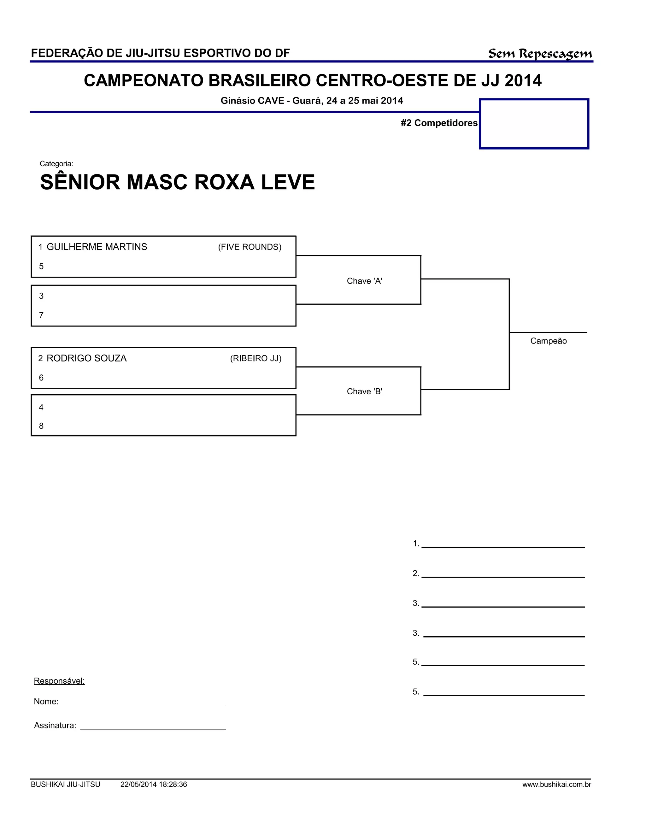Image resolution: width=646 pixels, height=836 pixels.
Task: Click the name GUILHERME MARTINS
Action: pyautogui.click(x=97, y=247)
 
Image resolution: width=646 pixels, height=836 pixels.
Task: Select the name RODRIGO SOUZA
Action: pyautogui.click(x=86, y=358)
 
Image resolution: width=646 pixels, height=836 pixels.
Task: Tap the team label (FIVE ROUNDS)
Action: pyautogui.click(x=250, y=247)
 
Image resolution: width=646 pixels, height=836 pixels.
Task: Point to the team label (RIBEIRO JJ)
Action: pyautogui.click(x=255, y=358)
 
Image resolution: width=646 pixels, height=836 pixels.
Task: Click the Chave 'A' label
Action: pyautogui.click(x=364, y=281)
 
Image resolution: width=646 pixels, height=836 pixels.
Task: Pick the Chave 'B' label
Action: pyautogui.click(x=364, y=391)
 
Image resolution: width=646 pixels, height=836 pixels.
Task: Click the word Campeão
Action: pyautogui.click(x=548, y=341)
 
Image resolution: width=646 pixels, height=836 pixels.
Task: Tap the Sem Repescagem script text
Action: pyautogui.click(x=540, y=54)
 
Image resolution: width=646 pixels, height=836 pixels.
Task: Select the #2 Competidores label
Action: pyautogui.click(x=439, y=123)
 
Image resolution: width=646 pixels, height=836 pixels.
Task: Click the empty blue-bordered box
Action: pyautogui.click(x=534, y=124)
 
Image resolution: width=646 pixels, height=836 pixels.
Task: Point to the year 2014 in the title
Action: pyautogui.click(x=523, y=81)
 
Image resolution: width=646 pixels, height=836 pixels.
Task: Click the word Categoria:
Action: pyautogui.click(x=56, y=164)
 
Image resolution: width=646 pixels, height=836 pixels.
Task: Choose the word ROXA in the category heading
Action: pyautogui.click(x=224, y=182)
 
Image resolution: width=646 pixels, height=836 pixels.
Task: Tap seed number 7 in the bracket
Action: pyautogui.click(x=41, y=315)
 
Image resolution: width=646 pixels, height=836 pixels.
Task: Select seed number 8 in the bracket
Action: pyautogui.click(x=41, y=426)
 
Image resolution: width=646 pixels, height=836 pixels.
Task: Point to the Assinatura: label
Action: pyautogui.click(x=55, y=725)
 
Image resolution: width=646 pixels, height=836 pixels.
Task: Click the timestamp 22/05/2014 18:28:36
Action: pyautogui.click(x=154, y=784)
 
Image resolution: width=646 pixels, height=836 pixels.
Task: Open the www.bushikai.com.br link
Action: pyautogui.click(x=556, y=784)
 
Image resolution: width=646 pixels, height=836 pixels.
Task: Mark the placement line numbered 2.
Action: pyautogui.click(x=502, y=574)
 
